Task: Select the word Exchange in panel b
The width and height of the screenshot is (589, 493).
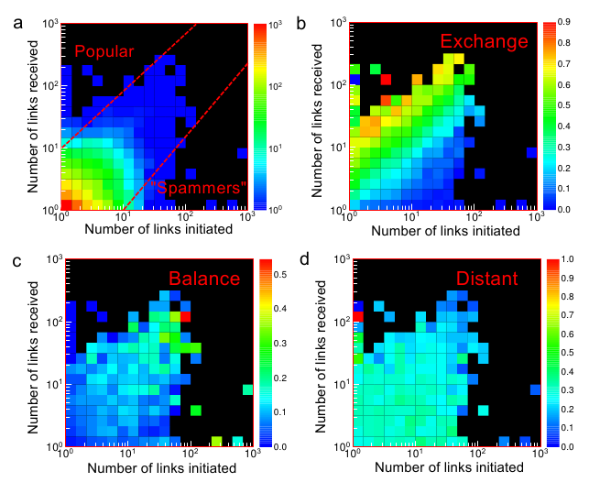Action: (485, 41)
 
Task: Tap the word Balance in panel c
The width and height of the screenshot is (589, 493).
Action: (203, 278)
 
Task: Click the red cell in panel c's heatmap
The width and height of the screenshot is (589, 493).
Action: (185, 315)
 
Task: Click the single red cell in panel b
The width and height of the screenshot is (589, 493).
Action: (387, 79)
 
